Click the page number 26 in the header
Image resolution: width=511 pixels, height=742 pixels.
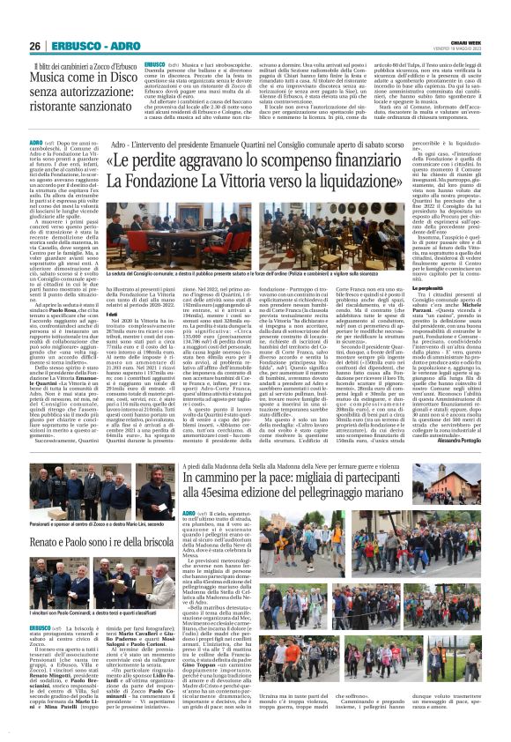pos(35,46)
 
